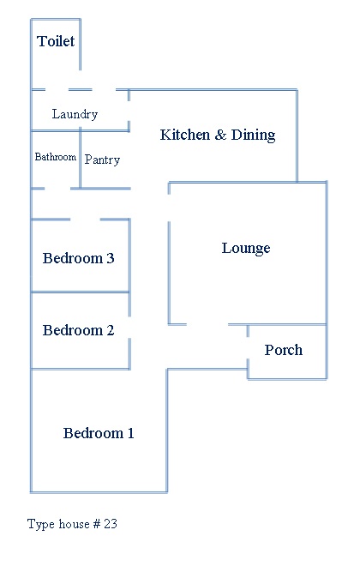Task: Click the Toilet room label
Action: point(56,41)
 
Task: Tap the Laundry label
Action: point(75,114)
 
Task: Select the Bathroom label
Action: point(55,157)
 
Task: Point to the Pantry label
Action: point(102,160)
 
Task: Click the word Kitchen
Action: point(184,135)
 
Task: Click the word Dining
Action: point(253,135)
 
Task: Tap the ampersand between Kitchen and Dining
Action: point(220,135)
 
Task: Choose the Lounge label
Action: point(246,249)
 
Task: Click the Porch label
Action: point(284,350)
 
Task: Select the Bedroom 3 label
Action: point(78,258)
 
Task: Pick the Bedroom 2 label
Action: point(78,330)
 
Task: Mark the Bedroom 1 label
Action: point(99,433)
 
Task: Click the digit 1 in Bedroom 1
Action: point(130,433)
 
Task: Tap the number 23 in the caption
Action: point(111,524)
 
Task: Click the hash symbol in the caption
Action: point(96,524)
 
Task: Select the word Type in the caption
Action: point(41,525)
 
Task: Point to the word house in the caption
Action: point(74,524)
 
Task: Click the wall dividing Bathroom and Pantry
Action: point(80,160)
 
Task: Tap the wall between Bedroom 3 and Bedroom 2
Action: point(81,292)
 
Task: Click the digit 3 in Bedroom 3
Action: point(111,258)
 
